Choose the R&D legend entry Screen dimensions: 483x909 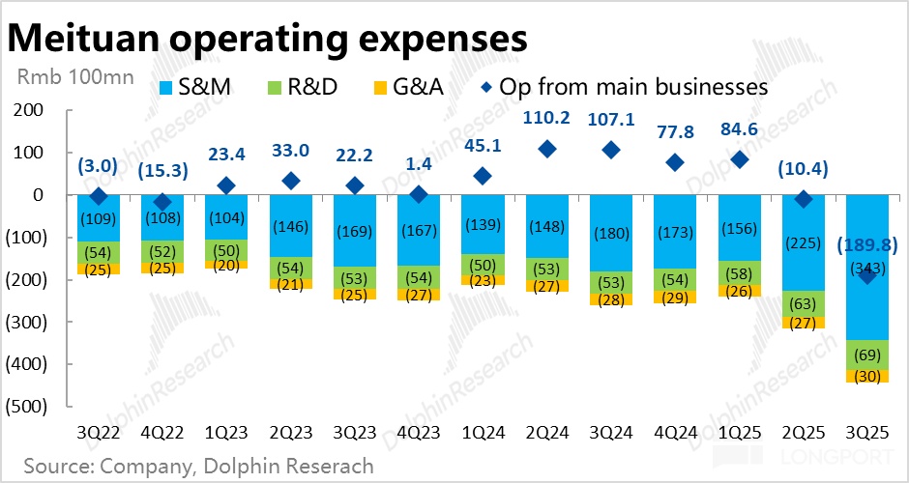tap(302, 87)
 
